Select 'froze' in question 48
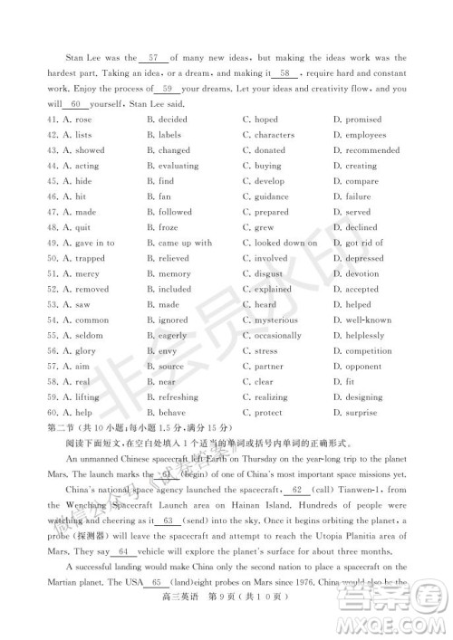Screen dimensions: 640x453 coord(169,227)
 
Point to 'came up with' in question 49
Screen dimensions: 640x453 coord(185,243)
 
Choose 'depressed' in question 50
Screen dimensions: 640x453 coord(364,258)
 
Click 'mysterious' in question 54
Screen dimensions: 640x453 coord(276,320)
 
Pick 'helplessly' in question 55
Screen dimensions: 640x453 coord(365,335)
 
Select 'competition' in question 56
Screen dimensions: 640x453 coord(369,350)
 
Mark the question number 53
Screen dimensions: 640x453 coord(47,304)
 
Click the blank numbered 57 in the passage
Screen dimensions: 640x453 coord(153,57)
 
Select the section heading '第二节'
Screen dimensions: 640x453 coord(56,427)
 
